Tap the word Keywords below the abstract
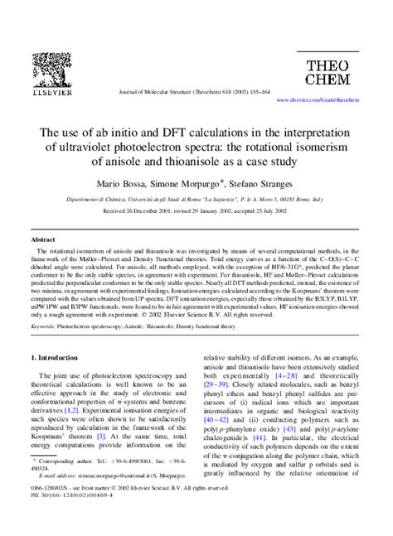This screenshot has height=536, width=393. click(42, 327)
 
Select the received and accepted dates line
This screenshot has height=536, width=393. click(196, 211)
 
